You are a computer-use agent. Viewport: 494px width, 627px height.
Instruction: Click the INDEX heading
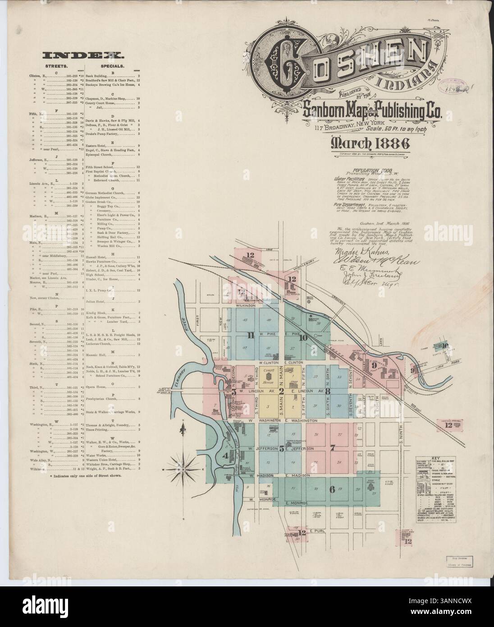[x=83, y=55]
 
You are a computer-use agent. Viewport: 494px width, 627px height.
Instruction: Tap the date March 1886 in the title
[x=370, y=143]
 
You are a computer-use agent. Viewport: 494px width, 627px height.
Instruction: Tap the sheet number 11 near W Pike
[x=251, y=335]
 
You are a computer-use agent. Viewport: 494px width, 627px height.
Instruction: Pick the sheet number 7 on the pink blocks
[x=333, y=448]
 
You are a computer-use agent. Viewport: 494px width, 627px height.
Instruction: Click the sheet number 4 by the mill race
[x=225, y=456]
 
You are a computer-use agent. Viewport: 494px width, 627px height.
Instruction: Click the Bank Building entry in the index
[x=103, y=77]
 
